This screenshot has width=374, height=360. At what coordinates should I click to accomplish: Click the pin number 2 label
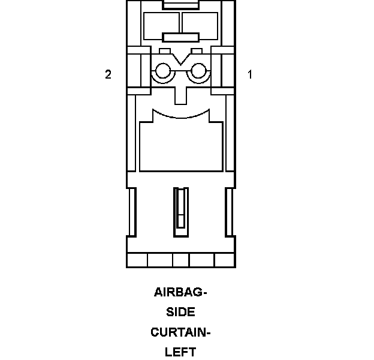(x=108, y=74)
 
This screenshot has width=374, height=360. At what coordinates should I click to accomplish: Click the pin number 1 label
(x=250, y=74)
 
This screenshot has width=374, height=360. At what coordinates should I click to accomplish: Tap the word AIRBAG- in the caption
(x=180, y=293)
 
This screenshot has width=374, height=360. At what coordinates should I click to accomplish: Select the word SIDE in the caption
(x=180, y=312)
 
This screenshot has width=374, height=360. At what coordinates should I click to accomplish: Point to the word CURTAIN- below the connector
(x=180, y=332)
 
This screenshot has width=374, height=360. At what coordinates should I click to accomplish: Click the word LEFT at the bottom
(x=180, y=352)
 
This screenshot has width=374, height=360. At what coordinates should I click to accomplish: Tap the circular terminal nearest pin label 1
(x=199, y=73)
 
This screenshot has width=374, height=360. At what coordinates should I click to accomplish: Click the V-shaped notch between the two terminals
(x=180, y=60)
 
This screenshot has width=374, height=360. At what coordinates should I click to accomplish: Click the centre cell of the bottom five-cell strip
(x=180, y=260)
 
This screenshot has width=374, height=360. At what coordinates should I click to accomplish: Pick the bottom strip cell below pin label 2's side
(x=137, y=260)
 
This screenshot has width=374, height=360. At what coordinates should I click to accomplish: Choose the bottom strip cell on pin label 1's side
(x=225, y=260)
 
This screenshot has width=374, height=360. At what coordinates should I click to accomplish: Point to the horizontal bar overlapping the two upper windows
(x=180, y=37)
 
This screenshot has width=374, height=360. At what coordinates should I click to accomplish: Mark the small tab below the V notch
(x=180, y=92)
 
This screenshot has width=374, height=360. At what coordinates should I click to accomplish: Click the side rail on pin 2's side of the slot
(x=132, y=211)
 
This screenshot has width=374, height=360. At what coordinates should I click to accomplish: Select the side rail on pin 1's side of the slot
(x=229, y=211)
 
